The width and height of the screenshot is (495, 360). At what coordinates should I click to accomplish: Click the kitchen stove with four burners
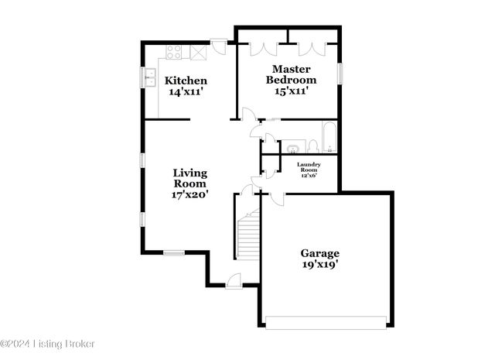coord(174,53)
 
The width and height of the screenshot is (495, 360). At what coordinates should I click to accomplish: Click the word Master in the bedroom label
coord(292,67)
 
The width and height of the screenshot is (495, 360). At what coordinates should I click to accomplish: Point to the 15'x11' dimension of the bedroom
coord(292,91)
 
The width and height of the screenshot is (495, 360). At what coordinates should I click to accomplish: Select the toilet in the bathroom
coord(310,146)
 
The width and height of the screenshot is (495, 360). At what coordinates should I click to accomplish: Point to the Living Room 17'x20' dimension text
coord(189,195)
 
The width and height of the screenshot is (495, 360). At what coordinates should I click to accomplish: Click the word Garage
coord(319,253)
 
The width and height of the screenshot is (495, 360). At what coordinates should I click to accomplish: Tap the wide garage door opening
coord(324,321)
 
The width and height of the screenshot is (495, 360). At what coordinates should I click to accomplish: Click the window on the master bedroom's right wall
coord(339,74)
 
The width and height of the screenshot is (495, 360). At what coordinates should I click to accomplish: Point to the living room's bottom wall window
coord(174,252)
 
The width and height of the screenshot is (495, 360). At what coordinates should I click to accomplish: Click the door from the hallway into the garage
coord(275,199)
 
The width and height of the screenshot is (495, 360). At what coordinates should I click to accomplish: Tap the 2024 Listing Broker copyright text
coord(48,344)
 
